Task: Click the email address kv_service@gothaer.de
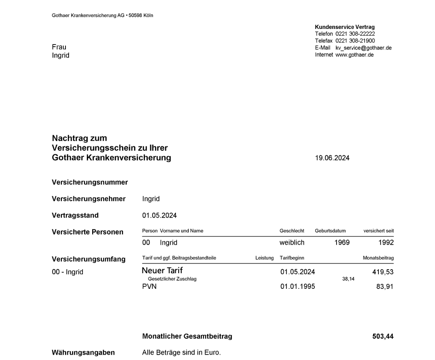(x=363, y=48)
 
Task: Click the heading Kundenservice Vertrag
(x=345, y=27)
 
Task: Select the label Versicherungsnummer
(x=90, y=182)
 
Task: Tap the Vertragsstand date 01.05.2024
(x=159, y=215)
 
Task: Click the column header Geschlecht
(x=292, y=231)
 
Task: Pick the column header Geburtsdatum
(x=330, y=231)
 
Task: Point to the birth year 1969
(x=342, y=243)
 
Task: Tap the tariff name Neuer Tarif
(x=162, y=271)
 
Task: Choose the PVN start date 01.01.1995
(x=297, y=287)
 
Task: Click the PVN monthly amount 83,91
(x=385, y=287)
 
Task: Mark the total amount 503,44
(x=383, y=336)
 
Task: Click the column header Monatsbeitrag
(x=378, y=258)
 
